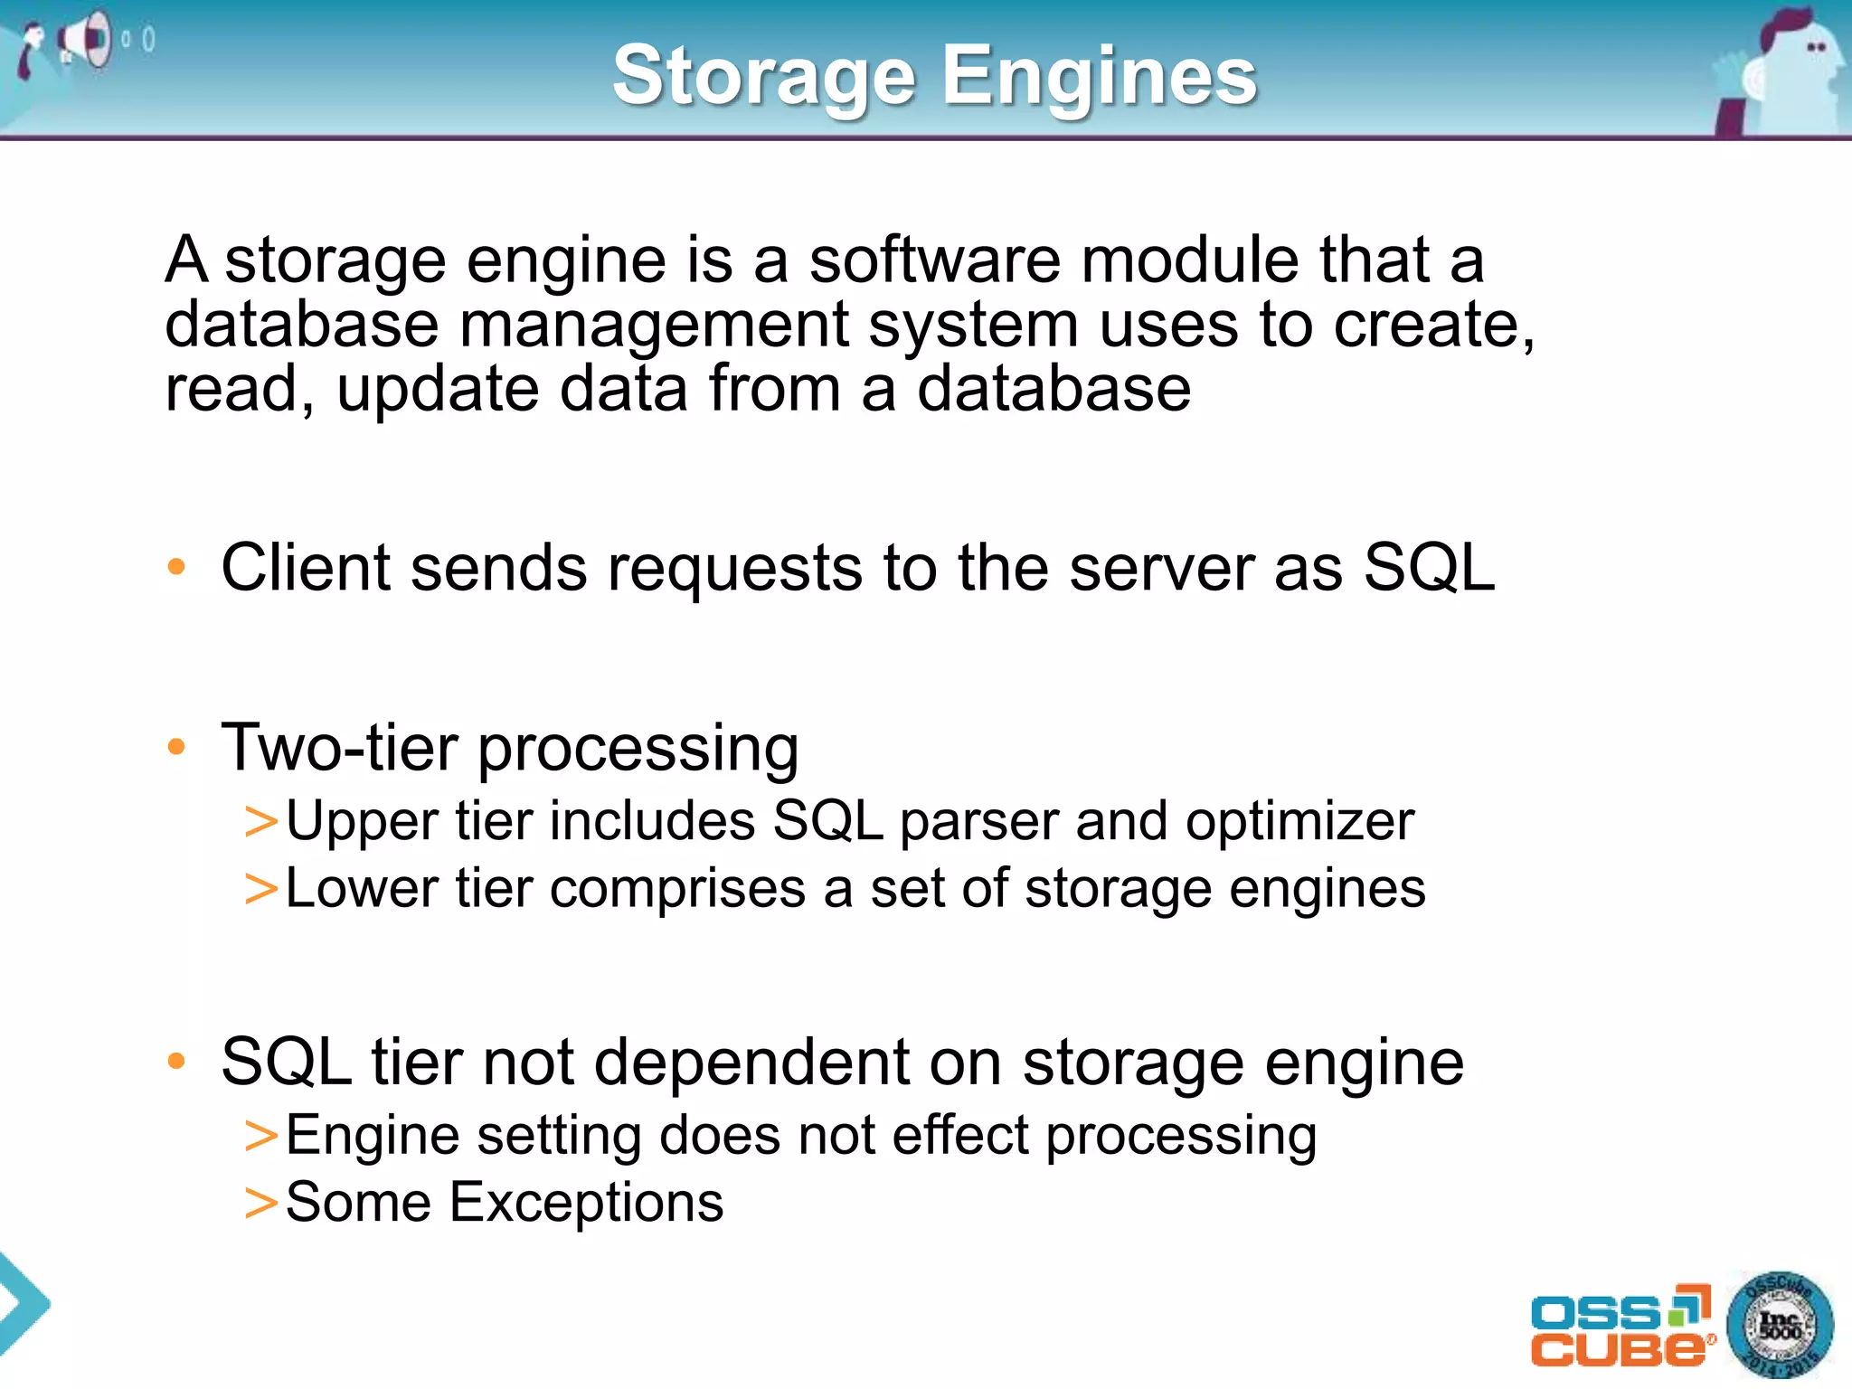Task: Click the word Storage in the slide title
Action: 764,78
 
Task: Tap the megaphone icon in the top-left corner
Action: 86,41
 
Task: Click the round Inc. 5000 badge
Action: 1779,1326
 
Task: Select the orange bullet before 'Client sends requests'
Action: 176,568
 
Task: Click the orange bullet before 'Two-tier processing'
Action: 176,748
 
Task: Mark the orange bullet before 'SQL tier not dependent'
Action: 176,1062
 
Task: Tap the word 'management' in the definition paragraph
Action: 655,326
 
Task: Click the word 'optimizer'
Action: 1299,822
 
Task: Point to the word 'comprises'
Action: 677,889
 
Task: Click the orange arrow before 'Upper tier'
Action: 260,822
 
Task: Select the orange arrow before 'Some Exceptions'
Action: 260,1204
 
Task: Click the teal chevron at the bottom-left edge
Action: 22,1303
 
